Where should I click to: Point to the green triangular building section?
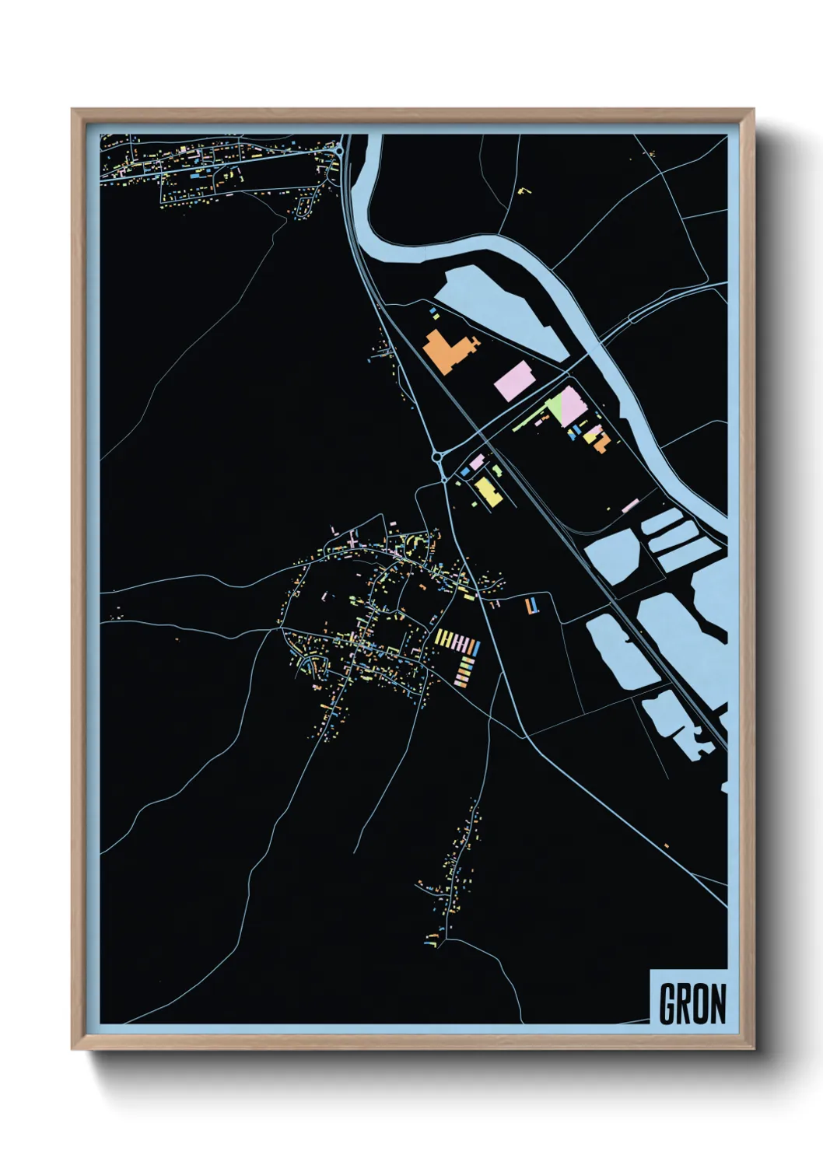click(x=555, y=407)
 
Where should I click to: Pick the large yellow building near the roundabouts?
click(x=488, y=492)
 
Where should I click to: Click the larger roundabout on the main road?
click(x=438, y=458)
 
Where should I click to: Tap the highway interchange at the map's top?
click(x=341, y=151)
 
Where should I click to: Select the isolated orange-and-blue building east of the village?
click(x=532, y=606)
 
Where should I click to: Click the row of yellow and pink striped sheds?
click(x=457, y=642)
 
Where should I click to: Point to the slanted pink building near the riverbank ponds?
click(x=630, y=506)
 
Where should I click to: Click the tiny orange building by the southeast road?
click(x=666, y=846)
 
